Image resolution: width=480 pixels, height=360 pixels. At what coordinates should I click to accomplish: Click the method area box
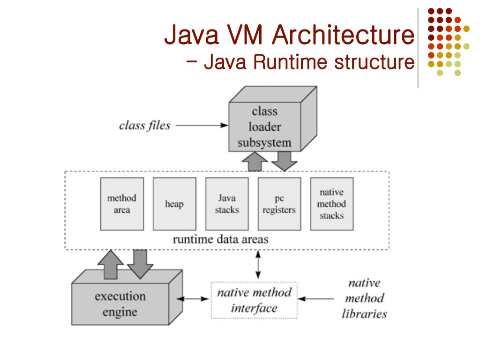click(122, 204)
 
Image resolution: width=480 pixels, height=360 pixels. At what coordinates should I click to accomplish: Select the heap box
click(174, 204)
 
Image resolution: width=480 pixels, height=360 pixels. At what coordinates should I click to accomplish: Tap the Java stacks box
click(227, 204)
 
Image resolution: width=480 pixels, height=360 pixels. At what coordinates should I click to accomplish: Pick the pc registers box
click(279, 204)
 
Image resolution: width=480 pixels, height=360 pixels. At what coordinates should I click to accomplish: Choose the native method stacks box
click(331, 204)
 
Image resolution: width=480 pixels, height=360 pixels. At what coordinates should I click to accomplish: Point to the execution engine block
click(120, 303)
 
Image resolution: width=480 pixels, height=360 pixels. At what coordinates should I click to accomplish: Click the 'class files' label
click(145, 126)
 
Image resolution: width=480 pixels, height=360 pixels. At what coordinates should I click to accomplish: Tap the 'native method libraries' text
click(364, 299)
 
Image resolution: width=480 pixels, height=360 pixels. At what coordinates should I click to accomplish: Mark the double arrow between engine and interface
click(195, 298)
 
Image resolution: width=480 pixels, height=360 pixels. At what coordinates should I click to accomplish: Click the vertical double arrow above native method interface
click(257, 266)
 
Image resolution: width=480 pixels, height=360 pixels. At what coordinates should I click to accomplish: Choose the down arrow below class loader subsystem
click(284, 160)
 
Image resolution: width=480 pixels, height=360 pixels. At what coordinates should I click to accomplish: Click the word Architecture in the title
click(342, 36)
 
